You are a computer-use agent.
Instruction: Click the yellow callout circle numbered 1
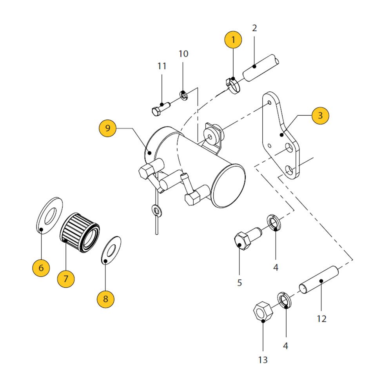[x=233, y=40]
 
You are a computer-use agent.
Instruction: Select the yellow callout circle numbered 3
[x=320, y=116]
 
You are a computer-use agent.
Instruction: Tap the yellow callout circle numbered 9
[x=108, y=128]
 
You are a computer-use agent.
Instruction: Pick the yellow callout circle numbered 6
[x=41, y=268]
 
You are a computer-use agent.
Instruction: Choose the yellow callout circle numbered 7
[x=65, y=279]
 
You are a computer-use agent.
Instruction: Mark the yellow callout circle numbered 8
[x=105, y=298]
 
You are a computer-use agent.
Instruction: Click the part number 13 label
[x=263, y=359]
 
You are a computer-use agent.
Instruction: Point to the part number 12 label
[x=321, y=319]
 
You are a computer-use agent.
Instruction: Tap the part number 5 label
[x=240, y=282]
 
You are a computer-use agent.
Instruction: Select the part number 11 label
[x=162, y=66]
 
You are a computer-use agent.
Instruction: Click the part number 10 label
[x=183, y=54]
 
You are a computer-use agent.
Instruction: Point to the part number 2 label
[x=254, y=28]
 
